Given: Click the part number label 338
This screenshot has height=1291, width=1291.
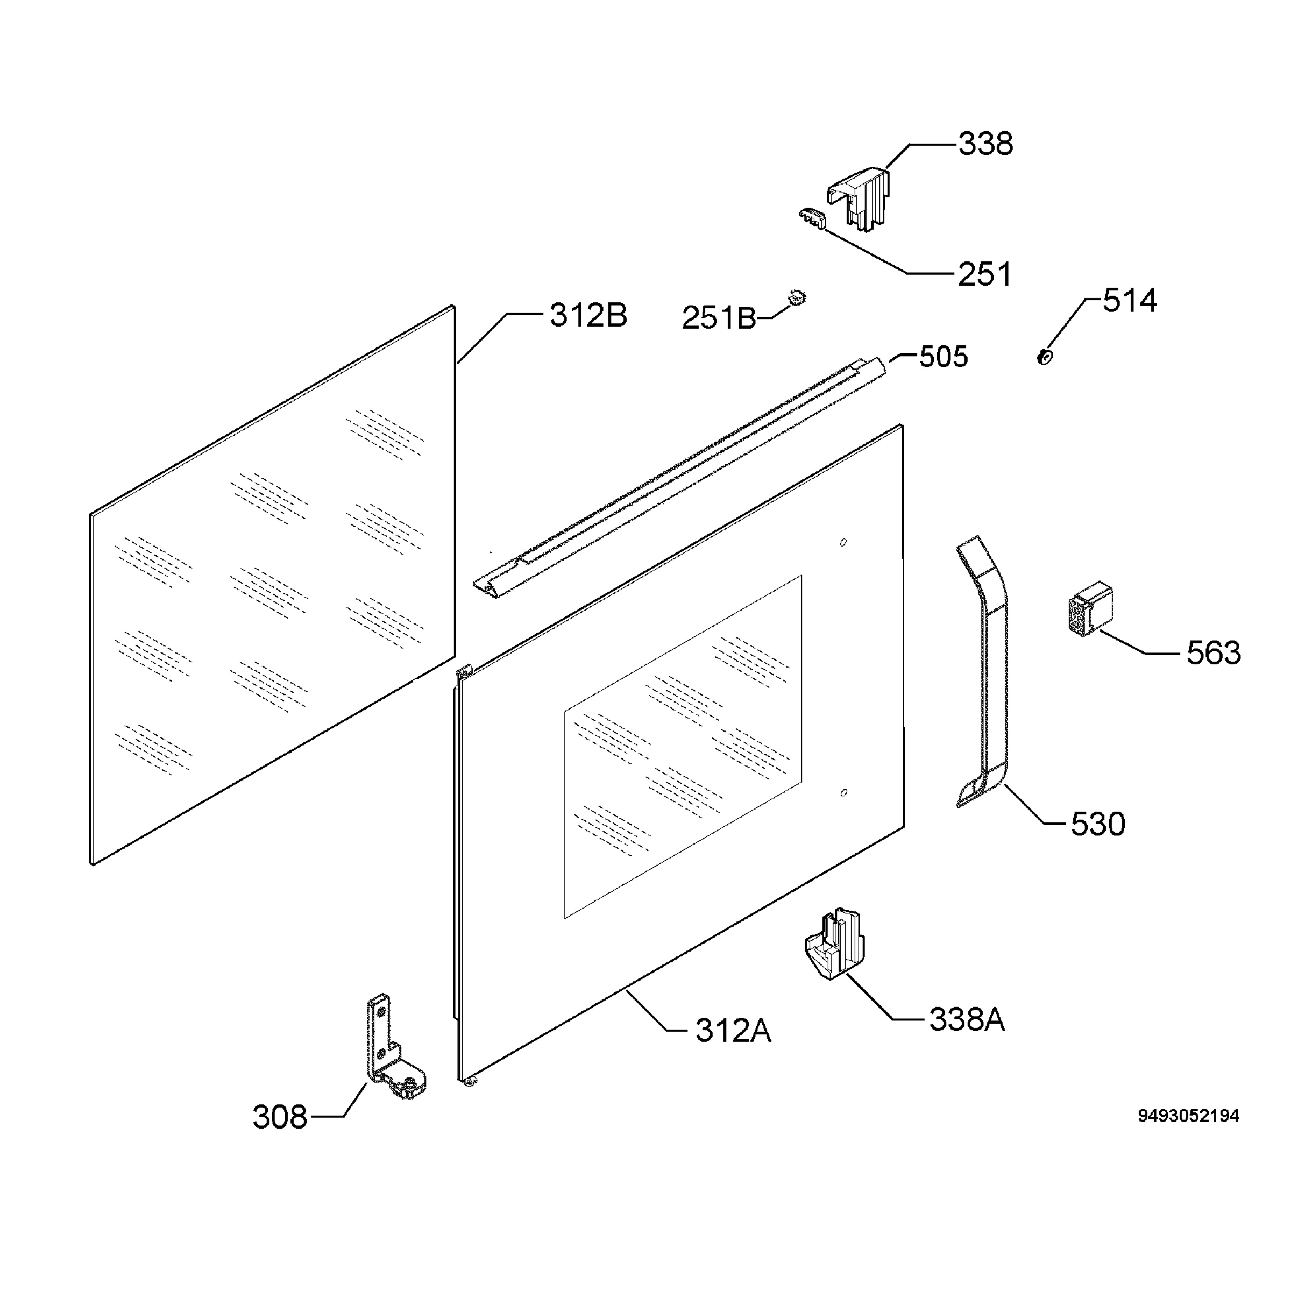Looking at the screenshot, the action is click(985, 144).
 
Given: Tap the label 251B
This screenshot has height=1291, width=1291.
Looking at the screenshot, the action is click(718, 318).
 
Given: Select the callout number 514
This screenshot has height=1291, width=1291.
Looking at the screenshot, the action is click(1129, 301).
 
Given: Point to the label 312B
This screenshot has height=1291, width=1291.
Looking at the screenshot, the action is click(588, 315).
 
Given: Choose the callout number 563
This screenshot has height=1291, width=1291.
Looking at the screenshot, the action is click(1214, 653).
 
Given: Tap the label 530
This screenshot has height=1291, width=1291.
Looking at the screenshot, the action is click(1098, 825).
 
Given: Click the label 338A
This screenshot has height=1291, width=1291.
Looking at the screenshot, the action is click(967, 1020).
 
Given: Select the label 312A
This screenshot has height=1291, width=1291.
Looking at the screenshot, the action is click(733, 1031).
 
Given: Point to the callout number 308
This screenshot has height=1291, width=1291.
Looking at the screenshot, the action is click(280, 1117).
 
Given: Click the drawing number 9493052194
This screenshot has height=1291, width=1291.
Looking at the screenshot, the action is click(1189, 1116).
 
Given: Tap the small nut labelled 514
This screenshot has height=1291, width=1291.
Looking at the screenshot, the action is click(1044, 357).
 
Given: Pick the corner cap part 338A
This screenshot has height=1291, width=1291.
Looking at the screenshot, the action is click(834, 944).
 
